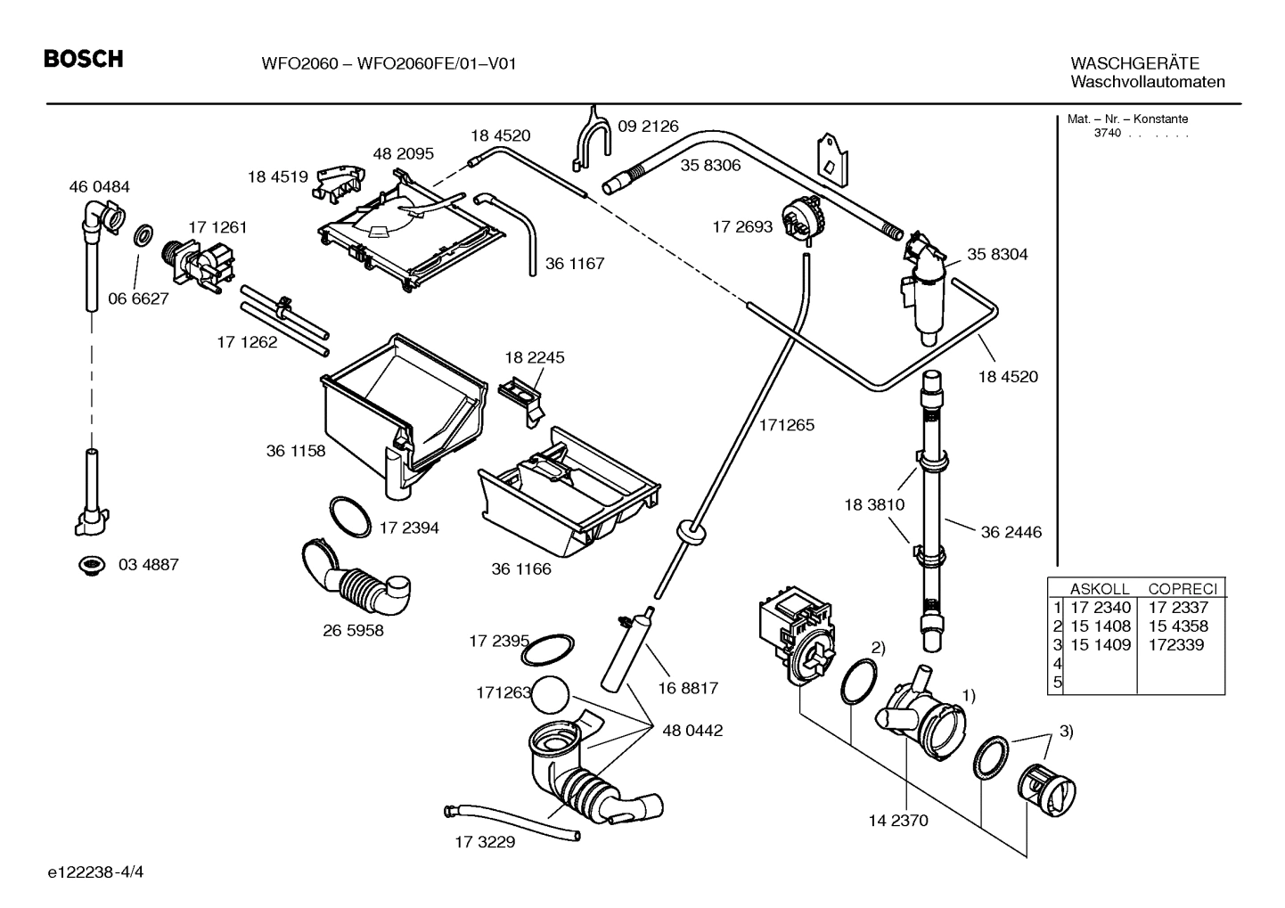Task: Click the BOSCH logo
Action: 84,60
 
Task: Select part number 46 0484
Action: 99,187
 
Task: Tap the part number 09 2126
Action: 648,127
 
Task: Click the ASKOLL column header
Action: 1099,589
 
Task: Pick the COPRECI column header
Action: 1182,589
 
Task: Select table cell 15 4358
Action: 1178,626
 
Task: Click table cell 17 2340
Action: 1100,608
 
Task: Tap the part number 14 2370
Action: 897,821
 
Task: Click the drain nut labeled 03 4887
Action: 90,565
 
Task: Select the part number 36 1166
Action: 521,569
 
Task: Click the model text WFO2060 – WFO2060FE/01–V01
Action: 389,63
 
